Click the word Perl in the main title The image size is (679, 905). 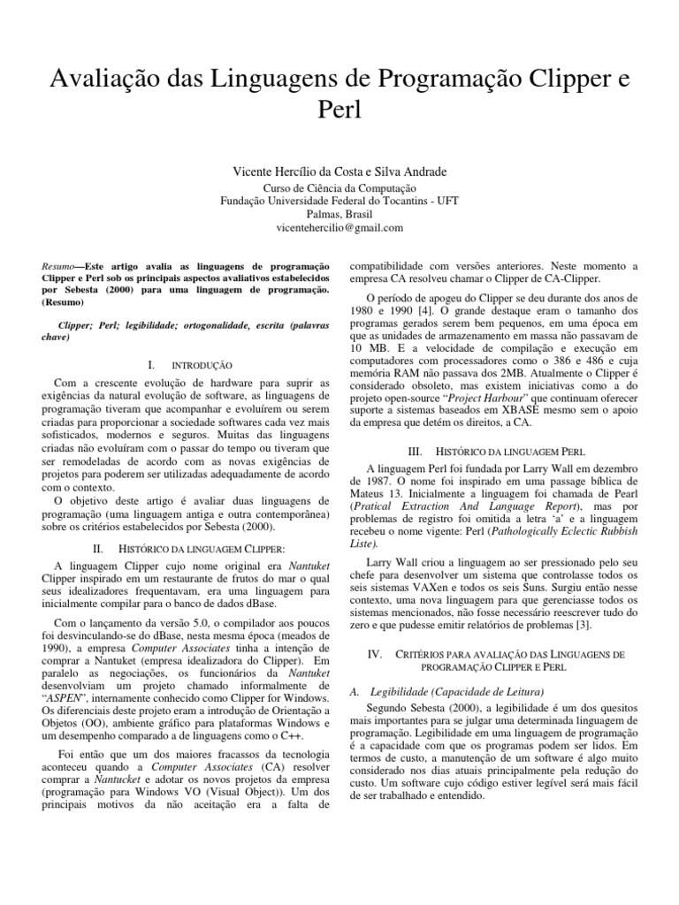click(x=339, y=111)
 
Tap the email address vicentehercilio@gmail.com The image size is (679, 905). click(x=339, y=228)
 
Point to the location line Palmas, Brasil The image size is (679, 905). click(x=339, y=214)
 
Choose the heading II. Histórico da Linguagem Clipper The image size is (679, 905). click(x=189, y=549)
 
